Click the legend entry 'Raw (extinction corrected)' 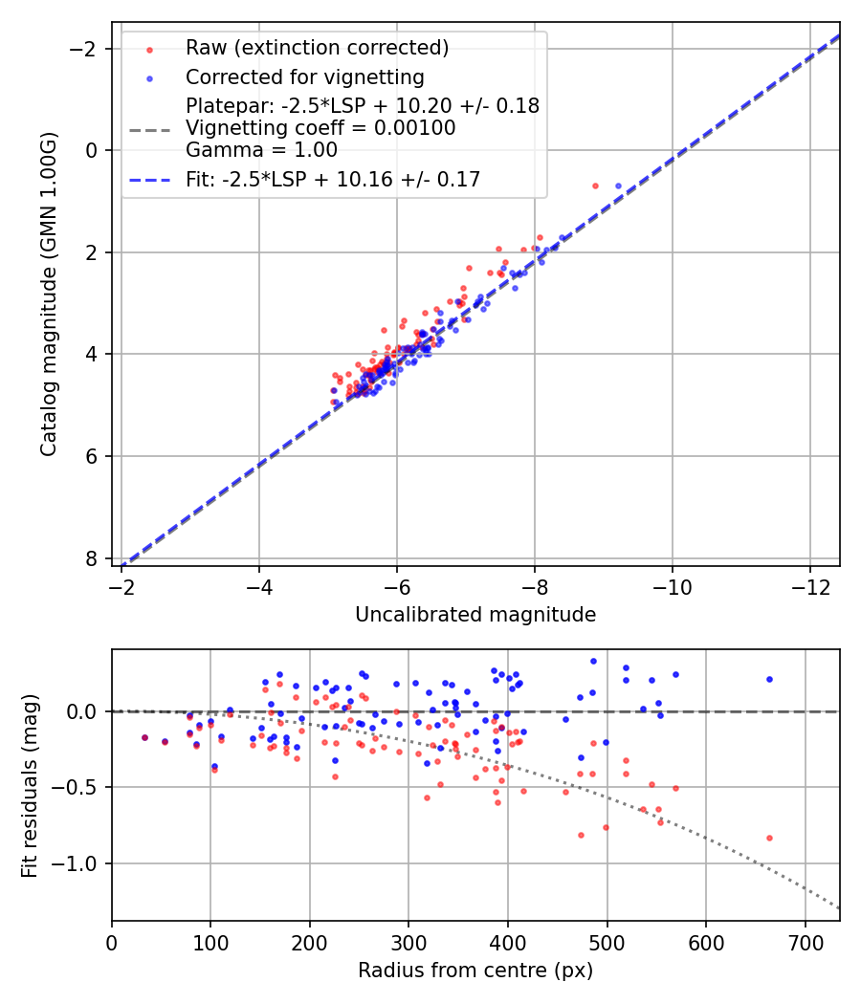click(x=317, y=48)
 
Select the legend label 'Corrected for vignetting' click(x=304, y=76)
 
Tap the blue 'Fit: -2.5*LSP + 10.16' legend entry click(x=333, y=179)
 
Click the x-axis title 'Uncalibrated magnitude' click(x=475, y=615)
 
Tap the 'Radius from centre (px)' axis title click(x=475, y=971)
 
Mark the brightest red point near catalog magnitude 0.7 click(x=595, y=186)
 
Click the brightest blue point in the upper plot click(x=618, y=186)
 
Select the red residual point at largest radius click(x=769, y=838)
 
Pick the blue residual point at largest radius click(x=769, y=679)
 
